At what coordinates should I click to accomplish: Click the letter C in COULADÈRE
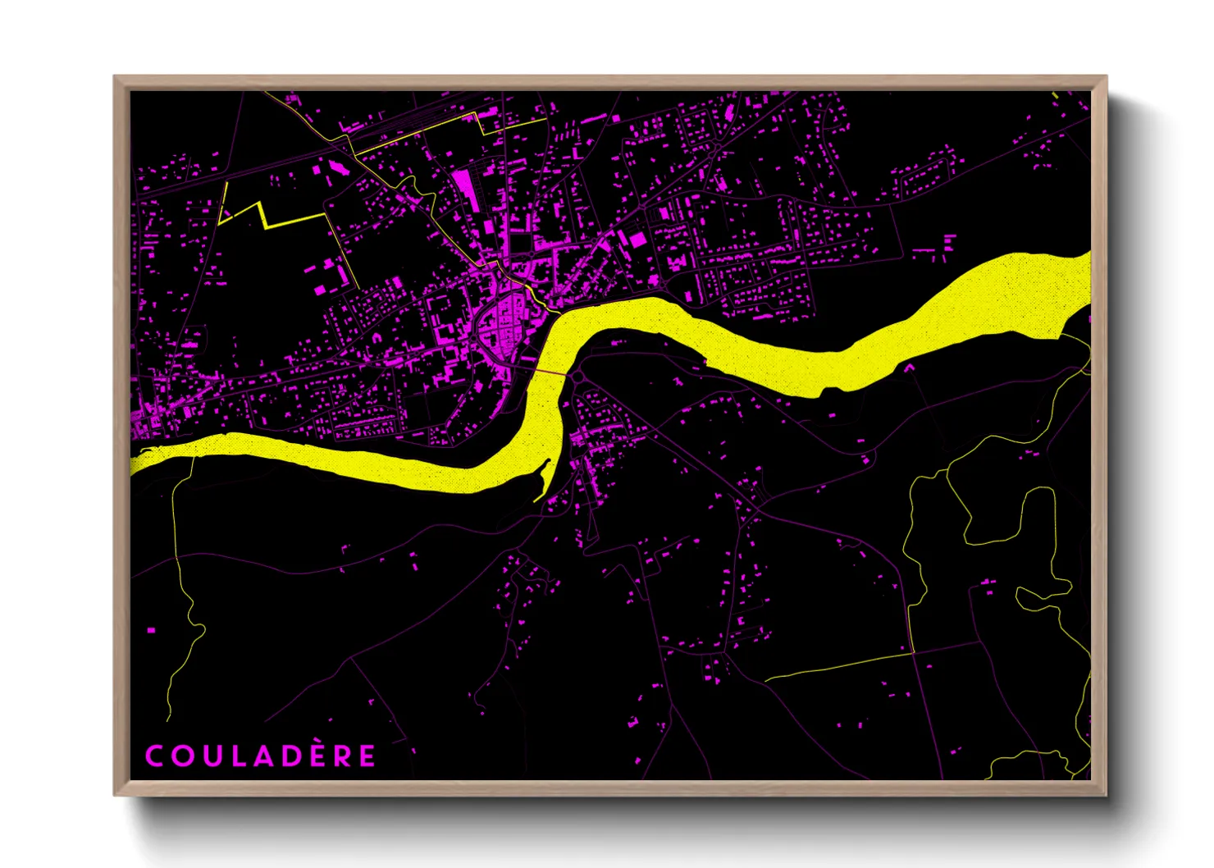click(x=153, y=756)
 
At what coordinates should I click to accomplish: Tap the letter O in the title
click(x=181, y=756)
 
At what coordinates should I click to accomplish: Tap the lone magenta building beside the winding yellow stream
click(x=151, y=630)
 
